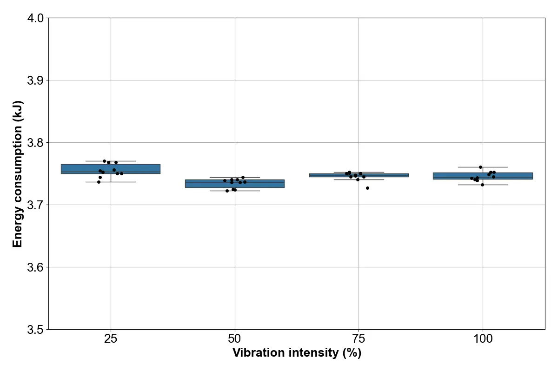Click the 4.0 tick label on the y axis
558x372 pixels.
pos(35,19)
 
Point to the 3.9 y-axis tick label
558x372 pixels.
pos(35,80)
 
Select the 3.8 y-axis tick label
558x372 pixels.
pos(35,143)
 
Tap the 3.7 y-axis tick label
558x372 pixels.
pos(35,205)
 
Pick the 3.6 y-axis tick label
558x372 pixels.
pos(35,267)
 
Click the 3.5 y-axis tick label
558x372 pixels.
pos(35,330)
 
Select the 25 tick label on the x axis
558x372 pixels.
pos(111,339)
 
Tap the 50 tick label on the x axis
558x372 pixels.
pos(235,339)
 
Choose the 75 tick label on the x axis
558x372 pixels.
pos(359,339)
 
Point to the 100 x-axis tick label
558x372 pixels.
pos(483,339)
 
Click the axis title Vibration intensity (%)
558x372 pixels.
pos(297,353)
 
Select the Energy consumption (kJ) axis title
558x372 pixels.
pos(18,174)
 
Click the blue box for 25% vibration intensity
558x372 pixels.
pos(111,169)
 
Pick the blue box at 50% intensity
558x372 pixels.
pos(235,184)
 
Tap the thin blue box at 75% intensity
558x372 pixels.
pos(359,175)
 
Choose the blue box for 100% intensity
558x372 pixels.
pos(483,176)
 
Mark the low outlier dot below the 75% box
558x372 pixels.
pos(367,188)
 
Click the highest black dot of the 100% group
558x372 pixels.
pos(480,167)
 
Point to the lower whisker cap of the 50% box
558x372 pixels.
pos(235,191)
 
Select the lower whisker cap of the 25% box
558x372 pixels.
pos(111,182)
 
